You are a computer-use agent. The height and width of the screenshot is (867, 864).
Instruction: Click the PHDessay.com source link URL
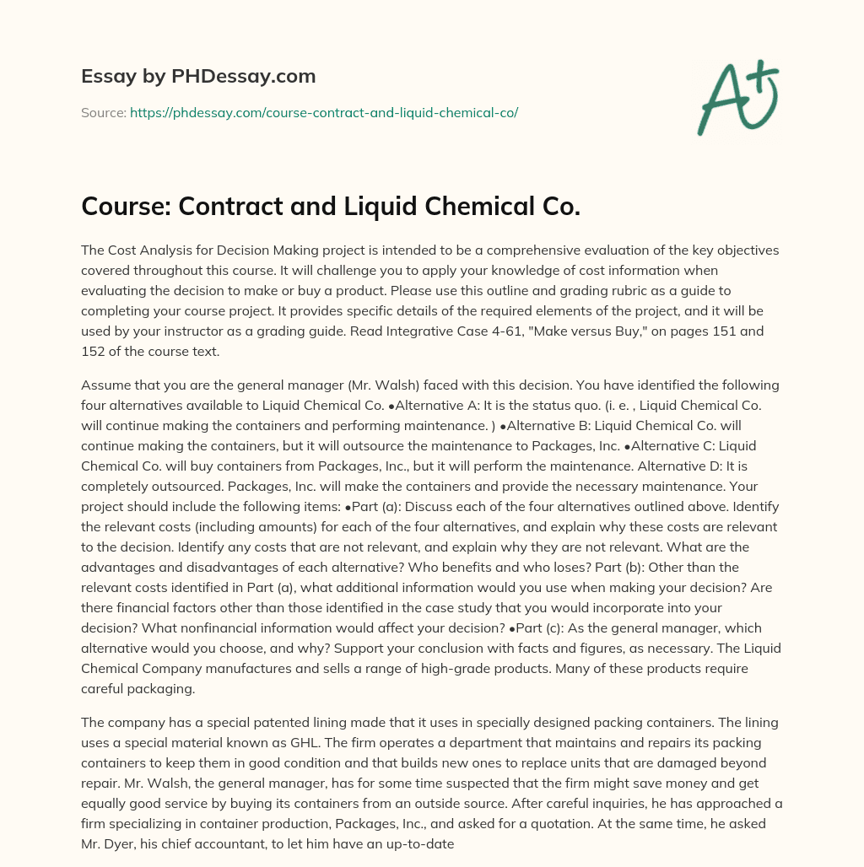point(324,111)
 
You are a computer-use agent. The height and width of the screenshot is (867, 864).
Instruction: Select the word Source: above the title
point(104,111)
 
